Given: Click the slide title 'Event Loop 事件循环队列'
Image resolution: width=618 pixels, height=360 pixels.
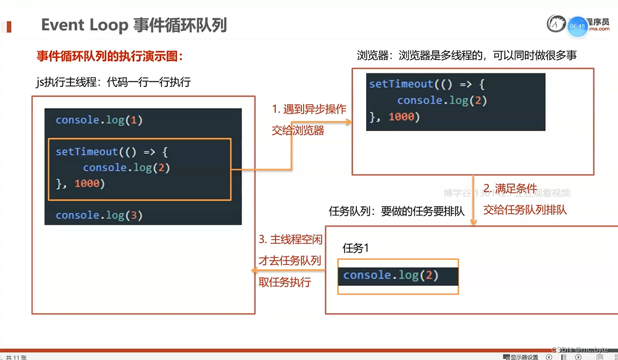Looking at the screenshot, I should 134,25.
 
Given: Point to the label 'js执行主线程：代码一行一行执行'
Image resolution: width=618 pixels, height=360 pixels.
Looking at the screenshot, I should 114,82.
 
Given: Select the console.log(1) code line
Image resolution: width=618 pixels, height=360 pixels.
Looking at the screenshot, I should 99,120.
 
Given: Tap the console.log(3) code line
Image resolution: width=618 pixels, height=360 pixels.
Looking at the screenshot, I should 99,215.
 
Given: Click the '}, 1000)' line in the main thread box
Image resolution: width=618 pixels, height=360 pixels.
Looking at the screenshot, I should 80,183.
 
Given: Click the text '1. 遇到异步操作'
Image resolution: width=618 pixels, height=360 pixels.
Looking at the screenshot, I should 309,109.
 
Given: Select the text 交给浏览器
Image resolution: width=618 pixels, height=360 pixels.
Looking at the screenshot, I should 298,130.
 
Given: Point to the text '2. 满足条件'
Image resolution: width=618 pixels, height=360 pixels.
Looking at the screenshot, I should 510,188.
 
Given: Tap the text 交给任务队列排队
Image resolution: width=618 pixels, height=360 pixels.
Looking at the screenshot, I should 525,209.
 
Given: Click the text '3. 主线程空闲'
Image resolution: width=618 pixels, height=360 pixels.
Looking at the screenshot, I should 290,240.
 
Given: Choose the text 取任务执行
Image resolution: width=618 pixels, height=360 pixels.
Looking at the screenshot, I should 285,282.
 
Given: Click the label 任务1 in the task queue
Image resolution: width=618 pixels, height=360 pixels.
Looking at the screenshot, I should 355,248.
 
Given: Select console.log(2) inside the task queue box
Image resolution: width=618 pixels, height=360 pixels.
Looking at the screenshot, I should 391,275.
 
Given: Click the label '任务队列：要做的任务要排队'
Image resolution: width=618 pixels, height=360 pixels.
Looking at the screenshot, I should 396,211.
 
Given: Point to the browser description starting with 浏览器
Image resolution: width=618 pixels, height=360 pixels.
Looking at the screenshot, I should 467,56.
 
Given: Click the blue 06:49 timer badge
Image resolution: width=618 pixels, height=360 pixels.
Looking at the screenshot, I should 578,26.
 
